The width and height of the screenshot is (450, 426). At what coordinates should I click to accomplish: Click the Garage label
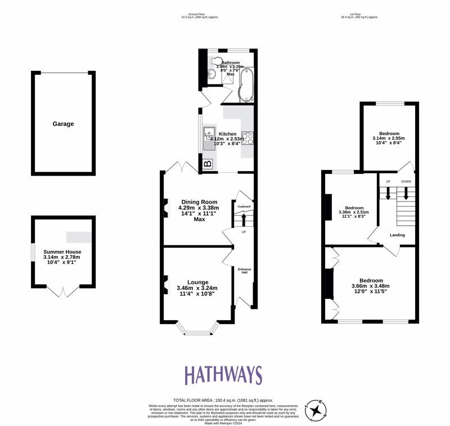tap(63, 124)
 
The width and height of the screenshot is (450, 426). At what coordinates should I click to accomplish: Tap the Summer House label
tap(62, 252)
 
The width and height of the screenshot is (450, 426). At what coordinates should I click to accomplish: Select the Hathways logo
tap(224, 375)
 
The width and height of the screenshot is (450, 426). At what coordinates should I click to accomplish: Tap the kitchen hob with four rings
tap(248, 138)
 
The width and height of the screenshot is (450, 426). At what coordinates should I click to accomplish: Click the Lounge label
tap(198, 282)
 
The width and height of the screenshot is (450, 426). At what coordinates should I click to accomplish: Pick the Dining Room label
tap(199, 202)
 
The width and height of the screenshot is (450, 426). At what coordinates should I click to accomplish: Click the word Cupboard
tap(244, 207)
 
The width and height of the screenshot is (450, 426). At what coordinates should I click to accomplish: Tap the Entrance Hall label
tap(244, 271)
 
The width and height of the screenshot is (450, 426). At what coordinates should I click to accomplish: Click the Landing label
tap(397, 235)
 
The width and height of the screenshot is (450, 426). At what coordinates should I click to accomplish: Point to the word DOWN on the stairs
tap(406, 182)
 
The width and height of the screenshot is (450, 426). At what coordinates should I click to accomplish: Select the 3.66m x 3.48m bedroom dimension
tap(371, 286)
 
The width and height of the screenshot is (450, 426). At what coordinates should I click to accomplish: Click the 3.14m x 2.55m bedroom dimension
tap(389, 138)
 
